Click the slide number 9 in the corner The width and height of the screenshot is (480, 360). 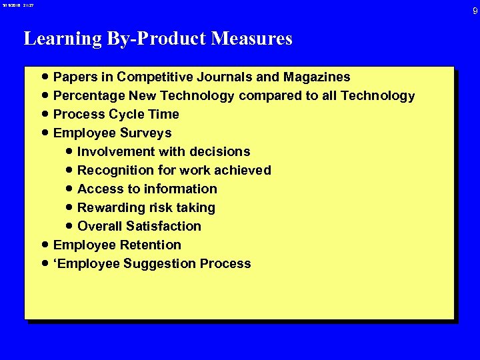coord(475,11)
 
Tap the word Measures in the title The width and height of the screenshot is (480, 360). coord(252,39)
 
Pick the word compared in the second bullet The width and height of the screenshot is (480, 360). coord(269,95)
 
